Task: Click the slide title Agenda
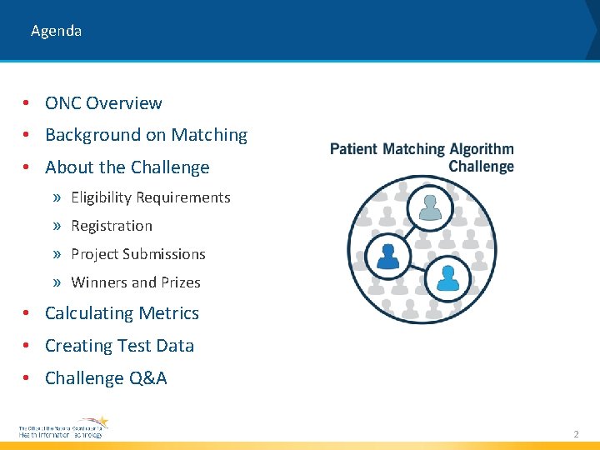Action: [56, 31]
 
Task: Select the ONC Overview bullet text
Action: [103, 103]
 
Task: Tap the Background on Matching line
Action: [146, 135]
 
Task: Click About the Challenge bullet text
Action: [127, 167]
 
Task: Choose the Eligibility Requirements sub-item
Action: [150, 197]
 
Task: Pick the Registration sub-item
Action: [112, 226]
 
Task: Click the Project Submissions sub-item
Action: [137, 254]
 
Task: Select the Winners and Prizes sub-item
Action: [136, 282]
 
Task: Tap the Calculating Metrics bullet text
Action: [122, 313]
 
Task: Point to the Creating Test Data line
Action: [119, 346]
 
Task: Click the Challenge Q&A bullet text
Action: [106, 378]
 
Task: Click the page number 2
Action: [575, 434]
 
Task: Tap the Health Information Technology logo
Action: [63, 428]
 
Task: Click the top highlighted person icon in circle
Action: [430, 207]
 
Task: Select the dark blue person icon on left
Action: [388, 256]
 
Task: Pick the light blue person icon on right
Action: [447, 277]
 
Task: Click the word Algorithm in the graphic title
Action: [482, 150]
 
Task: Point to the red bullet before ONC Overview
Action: [27, 103]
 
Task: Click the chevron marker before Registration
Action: [57, 226]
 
